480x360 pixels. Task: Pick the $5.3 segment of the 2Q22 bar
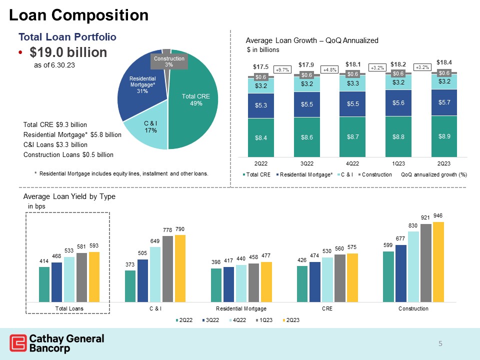(x=260, y=105)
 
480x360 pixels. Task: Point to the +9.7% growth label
(x=283, y=70)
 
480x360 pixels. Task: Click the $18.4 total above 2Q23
(x=444, y=62)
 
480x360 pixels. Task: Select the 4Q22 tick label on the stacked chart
(x=354, y=163)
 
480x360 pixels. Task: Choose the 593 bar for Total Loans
(x=94, y=276)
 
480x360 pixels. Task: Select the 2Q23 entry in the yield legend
(x=290, y=319)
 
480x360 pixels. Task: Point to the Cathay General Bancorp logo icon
(x=18, y=343)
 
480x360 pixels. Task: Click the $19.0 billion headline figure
(x=68, y=52)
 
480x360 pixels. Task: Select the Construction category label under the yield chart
(x=413, y=308)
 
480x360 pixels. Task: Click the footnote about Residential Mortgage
(x=121, y=173)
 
